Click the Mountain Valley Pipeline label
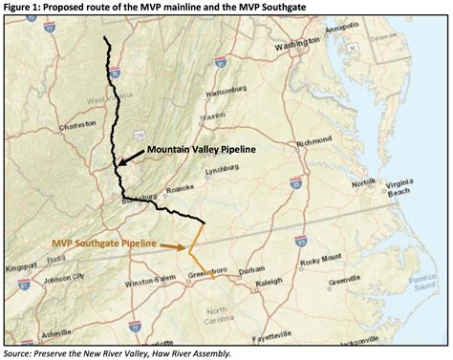(205, 151)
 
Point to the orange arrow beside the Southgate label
(171, 246)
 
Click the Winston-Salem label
(149, 281)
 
